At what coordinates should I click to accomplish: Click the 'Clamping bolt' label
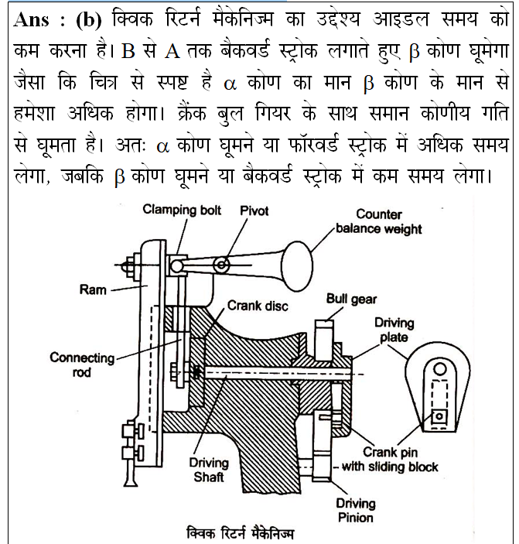pos(182,210)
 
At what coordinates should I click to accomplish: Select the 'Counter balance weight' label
pos(388,221)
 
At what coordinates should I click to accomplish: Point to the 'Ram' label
pos(94,290)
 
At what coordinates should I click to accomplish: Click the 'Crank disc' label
pos(258,306)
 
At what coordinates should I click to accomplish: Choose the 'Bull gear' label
pos(352,299)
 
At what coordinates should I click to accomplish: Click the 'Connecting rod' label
pos(82,364)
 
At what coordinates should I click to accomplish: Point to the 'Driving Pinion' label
pos(354,510)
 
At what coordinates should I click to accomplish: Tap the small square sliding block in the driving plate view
pos(439,416)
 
